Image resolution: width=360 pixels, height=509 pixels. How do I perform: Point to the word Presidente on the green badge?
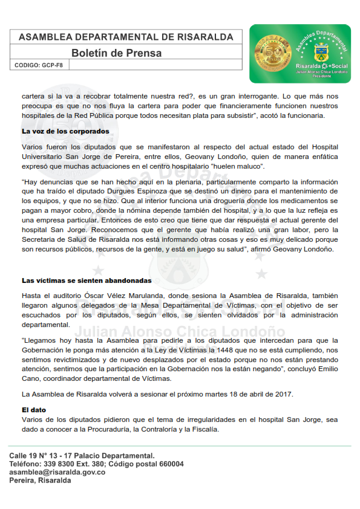point(321,76)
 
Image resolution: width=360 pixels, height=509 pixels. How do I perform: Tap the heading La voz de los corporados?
point(65,131)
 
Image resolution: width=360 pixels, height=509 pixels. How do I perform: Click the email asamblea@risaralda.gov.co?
point(57,472)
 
